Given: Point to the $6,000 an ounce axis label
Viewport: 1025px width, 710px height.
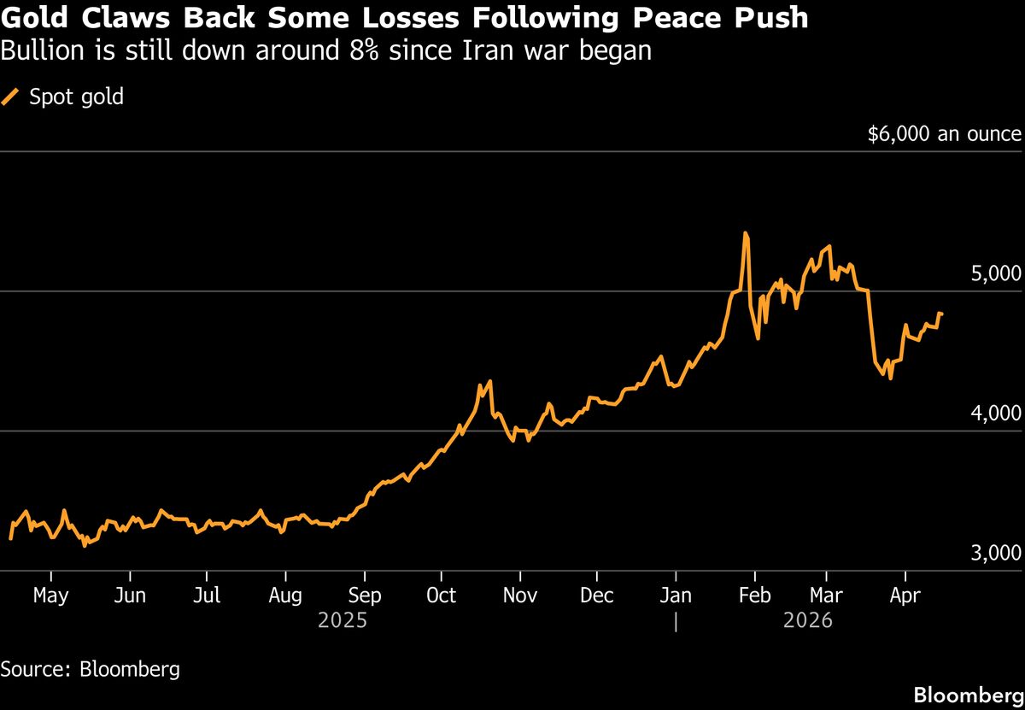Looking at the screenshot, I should [944, 134].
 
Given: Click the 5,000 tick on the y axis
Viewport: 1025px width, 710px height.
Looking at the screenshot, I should [997, 274].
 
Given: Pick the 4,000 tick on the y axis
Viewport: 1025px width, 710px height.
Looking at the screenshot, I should [997, 414].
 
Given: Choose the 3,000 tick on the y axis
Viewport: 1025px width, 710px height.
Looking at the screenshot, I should [997, 554].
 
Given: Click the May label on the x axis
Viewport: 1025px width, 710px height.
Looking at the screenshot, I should [50, 596].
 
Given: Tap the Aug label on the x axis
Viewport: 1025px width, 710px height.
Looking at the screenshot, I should [285, 596].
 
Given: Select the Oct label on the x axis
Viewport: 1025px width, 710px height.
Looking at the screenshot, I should [441, 596].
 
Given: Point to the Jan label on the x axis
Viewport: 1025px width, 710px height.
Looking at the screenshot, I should [676, 596].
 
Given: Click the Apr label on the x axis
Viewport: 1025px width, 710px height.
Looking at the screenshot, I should [904, 596].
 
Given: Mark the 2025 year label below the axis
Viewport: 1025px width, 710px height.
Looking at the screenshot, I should [343, 619].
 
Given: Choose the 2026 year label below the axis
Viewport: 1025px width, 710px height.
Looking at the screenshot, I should [808, 619].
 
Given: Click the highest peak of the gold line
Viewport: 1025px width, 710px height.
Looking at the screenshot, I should [746, 232].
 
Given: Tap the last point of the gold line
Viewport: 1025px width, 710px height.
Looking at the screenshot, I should [941, 314].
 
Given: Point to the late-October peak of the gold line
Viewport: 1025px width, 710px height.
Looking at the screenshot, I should [489, 381].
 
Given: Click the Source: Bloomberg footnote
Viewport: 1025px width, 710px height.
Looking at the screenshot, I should [91, 668].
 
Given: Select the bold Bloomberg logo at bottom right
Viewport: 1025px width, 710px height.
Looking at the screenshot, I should [969, 694].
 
